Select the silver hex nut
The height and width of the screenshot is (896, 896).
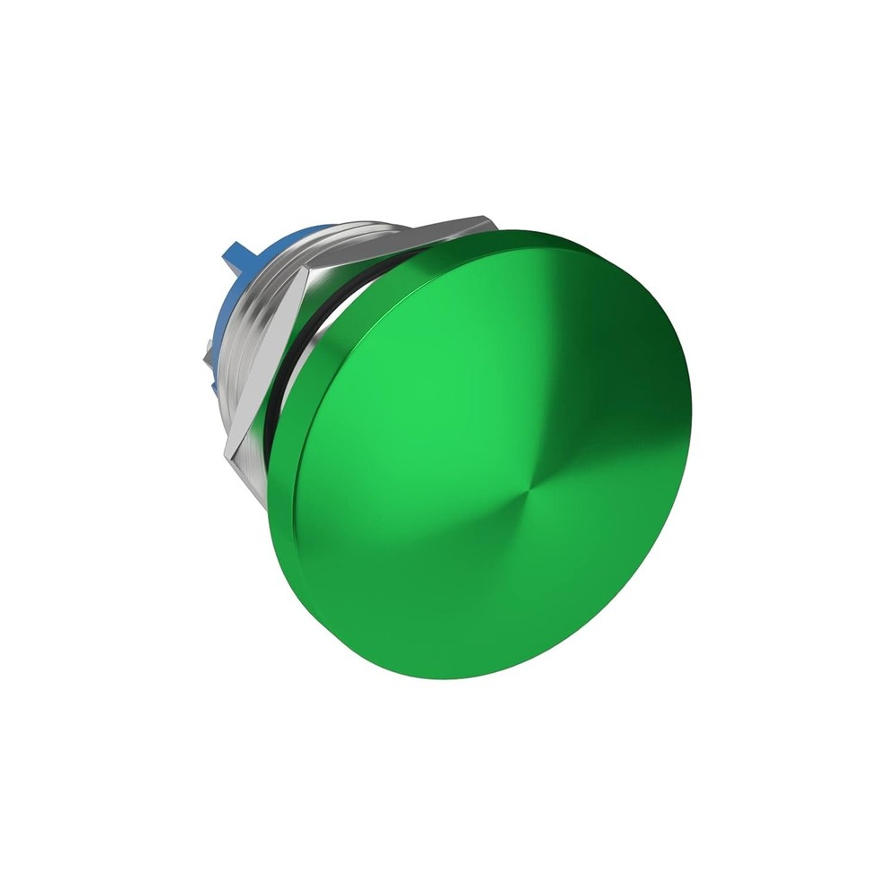[x=269, y=349]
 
